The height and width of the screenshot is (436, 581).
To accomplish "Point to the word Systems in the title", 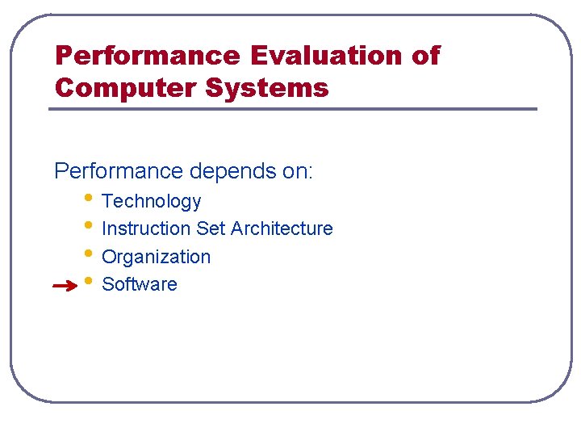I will click(267, 86).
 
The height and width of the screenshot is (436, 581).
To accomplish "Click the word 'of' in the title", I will click(426, 56).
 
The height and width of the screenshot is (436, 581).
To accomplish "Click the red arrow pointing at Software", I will click(64, 285).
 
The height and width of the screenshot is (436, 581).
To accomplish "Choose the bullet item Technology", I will click(151, 201).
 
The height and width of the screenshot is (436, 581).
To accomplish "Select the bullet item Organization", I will click(156, 257).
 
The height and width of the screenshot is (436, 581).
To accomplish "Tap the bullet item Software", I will click(140, 284).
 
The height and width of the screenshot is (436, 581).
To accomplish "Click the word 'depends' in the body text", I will click(229, 172).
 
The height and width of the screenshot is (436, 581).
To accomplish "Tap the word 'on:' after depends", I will click(295, 172).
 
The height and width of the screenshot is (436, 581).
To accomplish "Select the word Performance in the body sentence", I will click(119, 172).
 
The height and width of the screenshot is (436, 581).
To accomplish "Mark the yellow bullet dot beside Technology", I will click(87, 198).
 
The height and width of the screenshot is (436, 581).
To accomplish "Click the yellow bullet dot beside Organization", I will click(87, 254).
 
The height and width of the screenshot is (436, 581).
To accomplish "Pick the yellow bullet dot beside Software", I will click(87, 281).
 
